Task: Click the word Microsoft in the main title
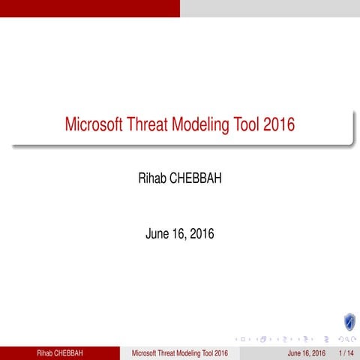(97, 124)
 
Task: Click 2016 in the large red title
(282, 124)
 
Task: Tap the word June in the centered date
(158, 234)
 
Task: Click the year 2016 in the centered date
(202, 234)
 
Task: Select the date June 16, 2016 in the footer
(307, 352)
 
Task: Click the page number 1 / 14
(346, 352)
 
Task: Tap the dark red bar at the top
(90, 8)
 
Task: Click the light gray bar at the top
(270, 8)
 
